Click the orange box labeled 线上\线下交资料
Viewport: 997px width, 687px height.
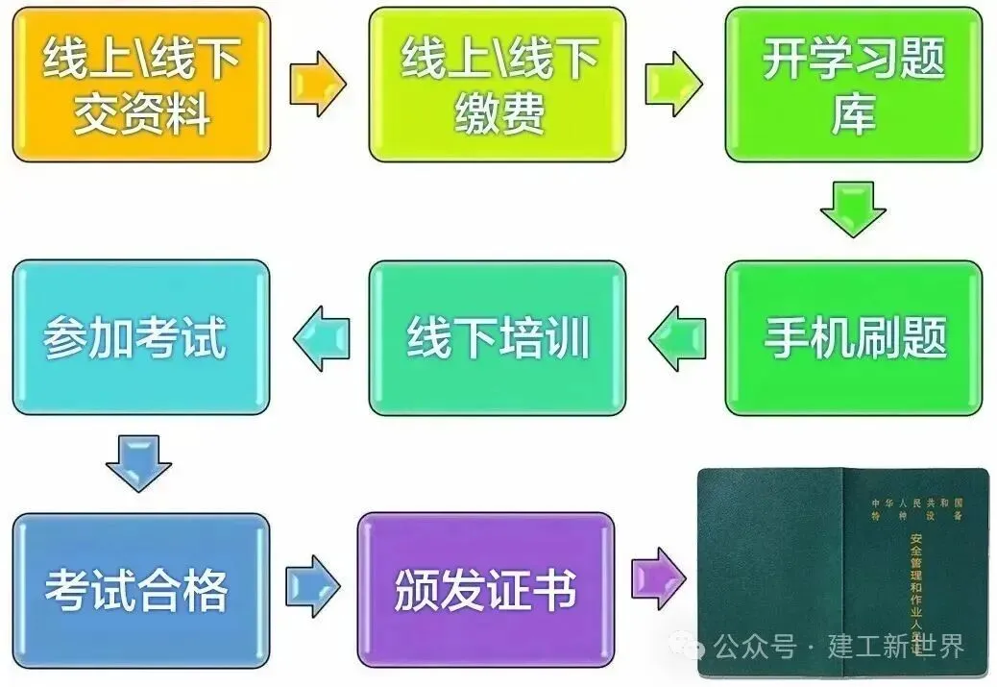tap(141, 85)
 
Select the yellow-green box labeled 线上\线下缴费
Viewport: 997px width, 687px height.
tap(498, 85)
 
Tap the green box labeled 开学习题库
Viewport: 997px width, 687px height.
tap(854, 85)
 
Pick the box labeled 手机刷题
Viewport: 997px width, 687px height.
tap(854, 338)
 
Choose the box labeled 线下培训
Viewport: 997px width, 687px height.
tap(498, 338)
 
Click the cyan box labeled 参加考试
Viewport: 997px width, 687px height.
tap(140, 338)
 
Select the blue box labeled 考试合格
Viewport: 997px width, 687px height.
tap(140, 590)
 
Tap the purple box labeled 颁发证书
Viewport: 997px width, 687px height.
tap(485, 590)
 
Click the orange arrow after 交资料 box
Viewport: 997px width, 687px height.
tap(317, 85)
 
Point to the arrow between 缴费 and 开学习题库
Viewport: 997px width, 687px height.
tap(673, 85)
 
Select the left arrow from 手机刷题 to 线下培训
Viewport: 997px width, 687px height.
tap(676, 338)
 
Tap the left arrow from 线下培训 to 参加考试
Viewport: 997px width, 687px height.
tap(321, 338)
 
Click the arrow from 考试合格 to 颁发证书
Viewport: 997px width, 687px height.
tap(312, 585)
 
